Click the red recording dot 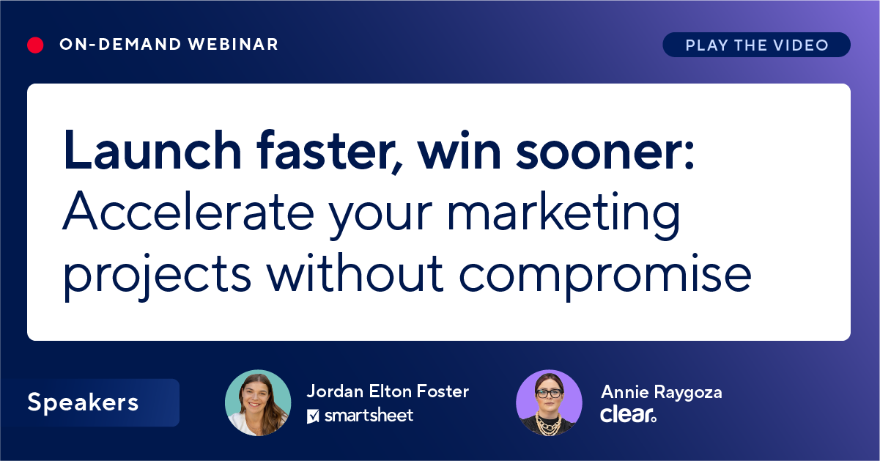[35, 45]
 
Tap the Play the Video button [756, 45]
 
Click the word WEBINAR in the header [233, 45]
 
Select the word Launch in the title [152, 150]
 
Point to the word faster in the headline [330, 151]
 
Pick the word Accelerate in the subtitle [188, 210]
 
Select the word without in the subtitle [355, 273]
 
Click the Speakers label [83, 402]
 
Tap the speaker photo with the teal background [258, 403]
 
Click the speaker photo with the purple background [549, 403]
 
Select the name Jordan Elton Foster [388, 391]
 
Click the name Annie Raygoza [662, 393]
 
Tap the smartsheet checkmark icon [313, 416]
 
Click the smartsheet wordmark [369, 416]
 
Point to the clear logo [628, 415]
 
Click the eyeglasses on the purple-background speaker [550, 394]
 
